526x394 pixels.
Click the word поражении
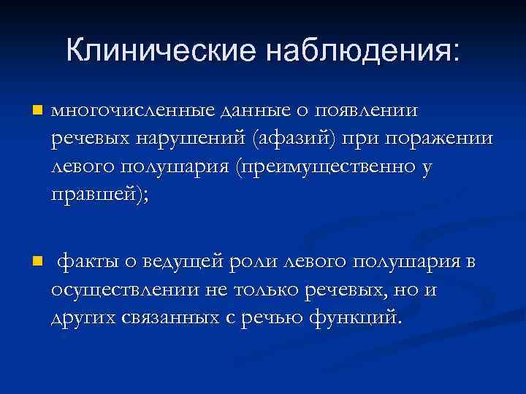pyautogui.click(x=431, y=139)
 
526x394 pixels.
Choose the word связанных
pyautogui.click(x=176, y=318)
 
